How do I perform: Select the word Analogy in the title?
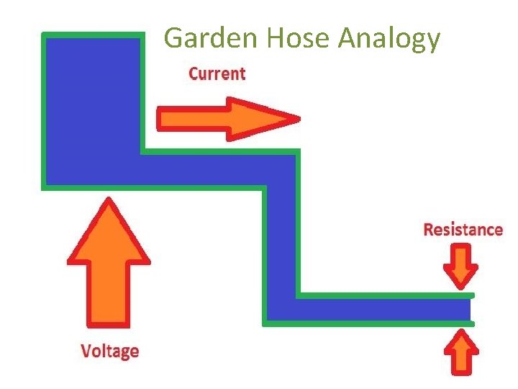click(389, 40)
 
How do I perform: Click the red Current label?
click(217, 73)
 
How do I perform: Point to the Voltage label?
click(109, 352)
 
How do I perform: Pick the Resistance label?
click(463, 230)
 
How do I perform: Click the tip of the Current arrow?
click(295, 119)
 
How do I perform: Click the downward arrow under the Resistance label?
click(460, 266)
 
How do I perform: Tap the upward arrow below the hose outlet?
click(460, 353)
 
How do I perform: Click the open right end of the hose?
click(469, 310)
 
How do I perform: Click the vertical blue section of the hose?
click(280, 238)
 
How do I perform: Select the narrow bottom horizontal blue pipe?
click(374, 310)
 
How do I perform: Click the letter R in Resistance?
click(429, 230)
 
